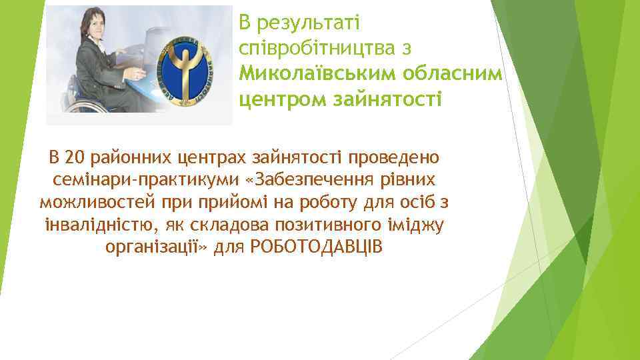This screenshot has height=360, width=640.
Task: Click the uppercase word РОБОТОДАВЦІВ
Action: (x=317, y=246)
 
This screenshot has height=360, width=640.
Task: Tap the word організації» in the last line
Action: (x=157, y=246)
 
